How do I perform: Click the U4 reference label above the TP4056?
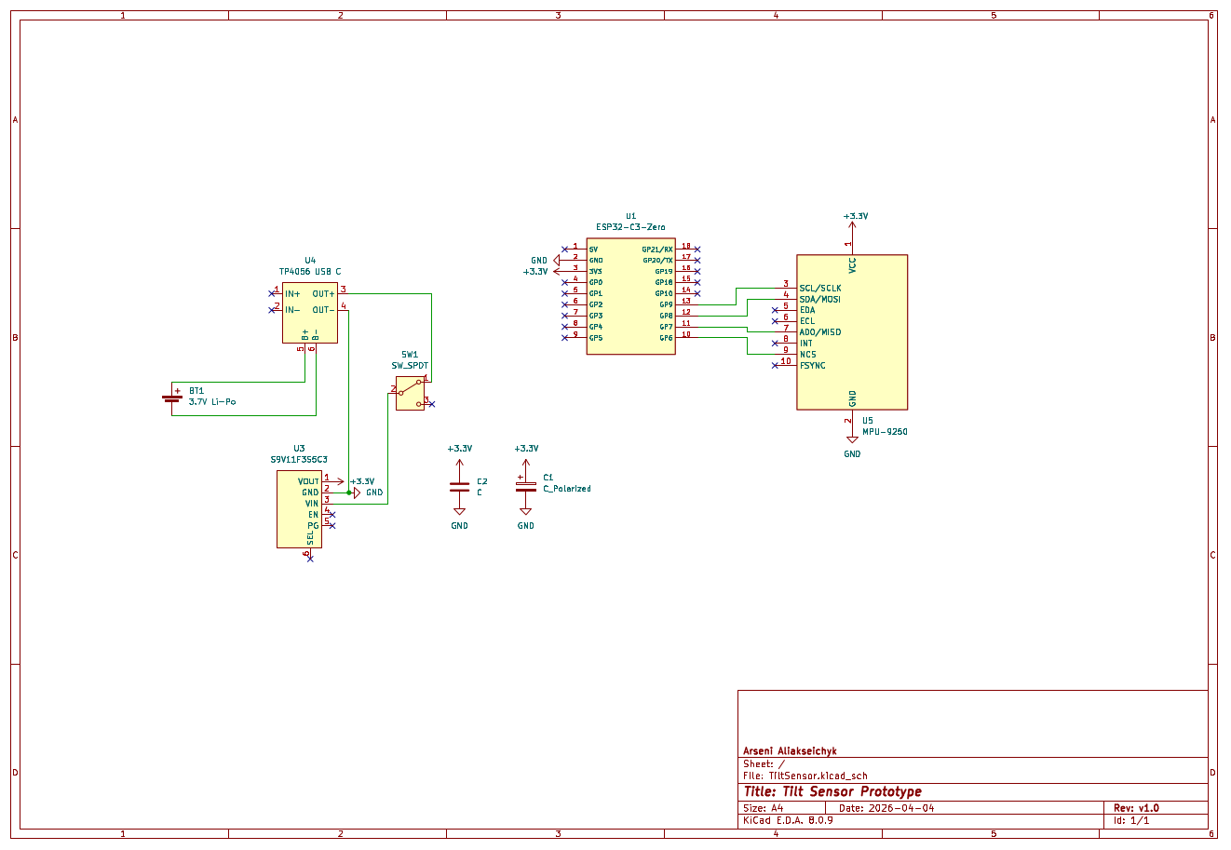coord(310,261)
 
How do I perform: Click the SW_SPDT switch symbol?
coord(410,393)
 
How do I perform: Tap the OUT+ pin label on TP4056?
coord(323,294)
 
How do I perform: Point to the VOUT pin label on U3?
coord(308,481)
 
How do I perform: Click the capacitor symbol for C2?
coord(459,487)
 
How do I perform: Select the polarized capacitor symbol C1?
coord(526,487)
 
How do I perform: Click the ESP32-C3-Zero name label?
coord(630,227)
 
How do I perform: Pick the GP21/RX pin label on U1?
coord(656,250)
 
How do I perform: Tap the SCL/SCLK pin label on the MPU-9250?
coord(819,289)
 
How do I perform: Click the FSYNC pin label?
coord(812,366)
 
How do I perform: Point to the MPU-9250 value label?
coord(885,432)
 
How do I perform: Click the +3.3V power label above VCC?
coord(856,216)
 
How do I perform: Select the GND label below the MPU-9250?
coord(852,454)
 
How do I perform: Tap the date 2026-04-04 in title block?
coord(900,808)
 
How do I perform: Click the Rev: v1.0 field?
coord(1136,808)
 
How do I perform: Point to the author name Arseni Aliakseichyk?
coord(790,750)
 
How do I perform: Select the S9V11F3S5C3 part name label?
coord(299,460)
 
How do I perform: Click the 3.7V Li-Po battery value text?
coord(212,402)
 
